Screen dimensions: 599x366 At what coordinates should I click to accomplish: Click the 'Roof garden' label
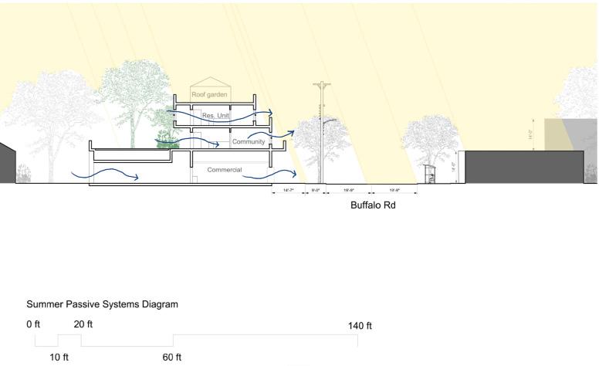coord(212,93)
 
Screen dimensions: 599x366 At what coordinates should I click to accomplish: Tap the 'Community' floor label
coord(249,141)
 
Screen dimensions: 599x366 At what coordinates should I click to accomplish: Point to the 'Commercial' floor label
coord(225,169)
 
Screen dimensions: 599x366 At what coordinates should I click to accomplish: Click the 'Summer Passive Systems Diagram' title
coord(102,304)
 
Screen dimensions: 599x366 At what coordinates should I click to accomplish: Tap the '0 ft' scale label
coord(33,324)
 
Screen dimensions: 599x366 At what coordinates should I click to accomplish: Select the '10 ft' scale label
coord(59,357)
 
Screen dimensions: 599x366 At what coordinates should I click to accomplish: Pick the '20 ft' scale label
coord(83,324)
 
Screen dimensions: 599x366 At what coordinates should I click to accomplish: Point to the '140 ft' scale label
coord(360,325)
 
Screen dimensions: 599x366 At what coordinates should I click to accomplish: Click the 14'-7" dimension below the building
coord(289,189)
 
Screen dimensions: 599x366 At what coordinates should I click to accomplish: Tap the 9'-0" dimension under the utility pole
coord(316,189)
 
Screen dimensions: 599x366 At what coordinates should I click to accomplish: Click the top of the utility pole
coord(321,83)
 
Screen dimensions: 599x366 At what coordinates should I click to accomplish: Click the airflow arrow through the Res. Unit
coord(232,116)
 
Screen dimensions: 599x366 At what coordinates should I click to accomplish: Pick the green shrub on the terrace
coord(165,139)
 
